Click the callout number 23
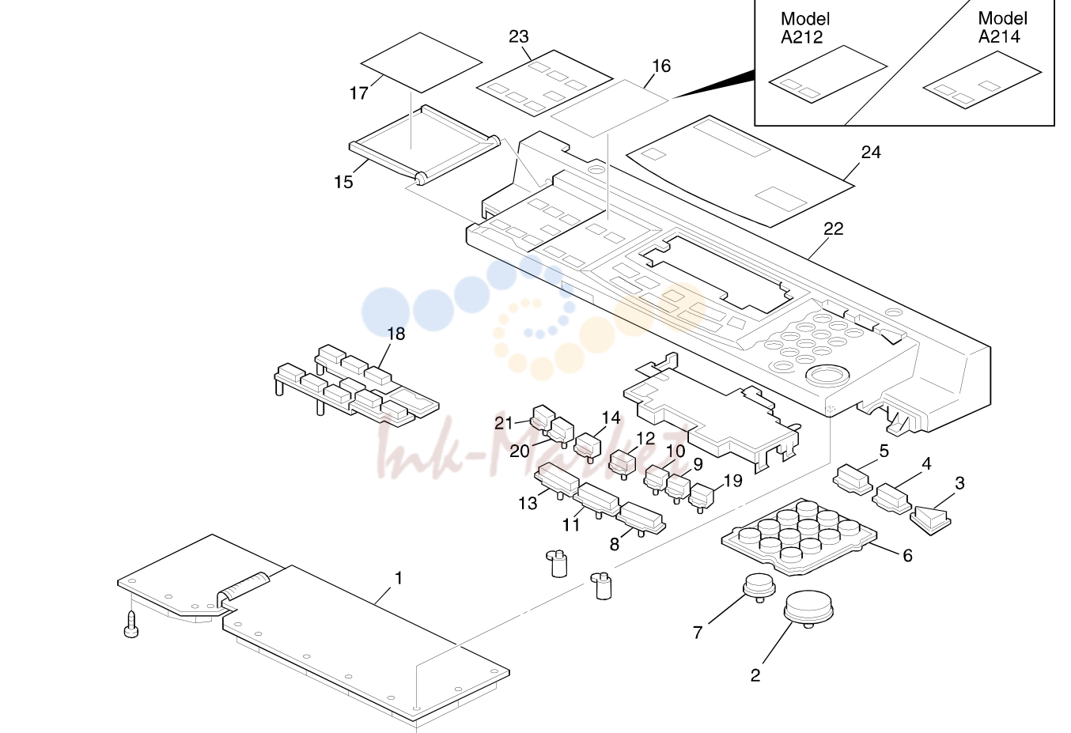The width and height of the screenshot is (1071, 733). click(x=518, y=36)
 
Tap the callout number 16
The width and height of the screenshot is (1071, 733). click(x=661, y=66)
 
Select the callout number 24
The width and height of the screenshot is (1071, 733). click(x=871, y=153)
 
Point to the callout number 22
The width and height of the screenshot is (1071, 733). click(x=834, y=229)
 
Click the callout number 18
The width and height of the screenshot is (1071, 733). click(x=395, y=334)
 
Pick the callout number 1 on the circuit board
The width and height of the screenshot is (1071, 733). click(x=399, y=578)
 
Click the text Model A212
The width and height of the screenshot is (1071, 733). click(x=805, y=28)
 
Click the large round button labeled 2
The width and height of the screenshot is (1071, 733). click(x=808, y=609)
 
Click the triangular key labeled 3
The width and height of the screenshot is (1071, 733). click(x=930, y=520)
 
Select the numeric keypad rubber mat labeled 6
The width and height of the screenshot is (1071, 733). click(x=799, y=537)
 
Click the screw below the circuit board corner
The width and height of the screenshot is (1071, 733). click(x=131, y=625)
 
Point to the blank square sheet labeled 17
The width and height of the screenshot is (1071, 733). click(x=422, y=62)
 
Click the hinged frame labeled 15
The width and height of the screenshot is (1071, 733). click(x=425, y=145)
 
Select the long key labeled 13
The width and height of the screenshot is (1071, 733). click(x=558, y=480)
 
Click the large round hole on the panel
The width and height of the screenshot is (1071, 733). click(x=827, y=376)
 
